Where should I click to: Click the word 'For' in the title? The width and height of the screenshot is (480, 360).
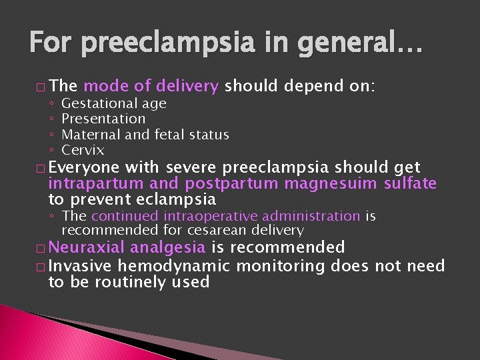(x=53, y=45)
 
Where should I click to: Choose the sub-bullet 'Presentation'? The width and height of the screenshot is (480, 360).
(x=103, y=119)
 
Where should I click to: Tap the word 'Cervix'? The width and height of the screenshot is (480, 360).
(x=83, y=150)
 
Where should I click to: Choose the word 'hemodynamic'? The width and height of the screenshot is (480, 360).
(x=173, y=266)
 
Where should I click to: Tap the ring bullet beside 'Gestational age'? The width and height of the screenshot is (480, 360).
(x=52, y=104)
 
